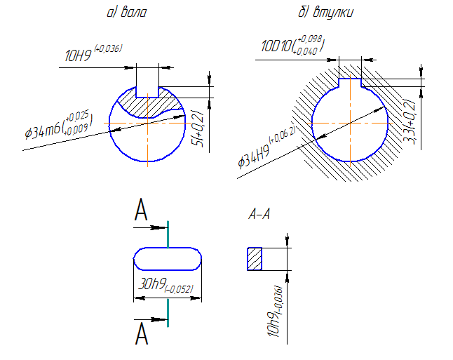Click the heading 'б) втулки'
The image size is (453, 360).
325,13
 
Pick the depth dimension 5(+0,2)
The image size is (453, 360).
198,129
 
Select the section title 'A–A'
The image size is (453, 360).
259,215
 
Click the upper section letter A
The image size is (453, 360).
142,210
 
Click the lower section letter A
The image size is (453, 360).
142,333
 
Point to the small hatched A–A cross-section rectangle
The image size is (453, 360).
254,258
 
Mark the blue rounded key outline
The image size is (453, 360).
168,258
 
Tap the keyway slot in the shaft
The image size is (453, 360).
147,82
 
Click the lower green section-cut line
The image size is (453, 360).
168,314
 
